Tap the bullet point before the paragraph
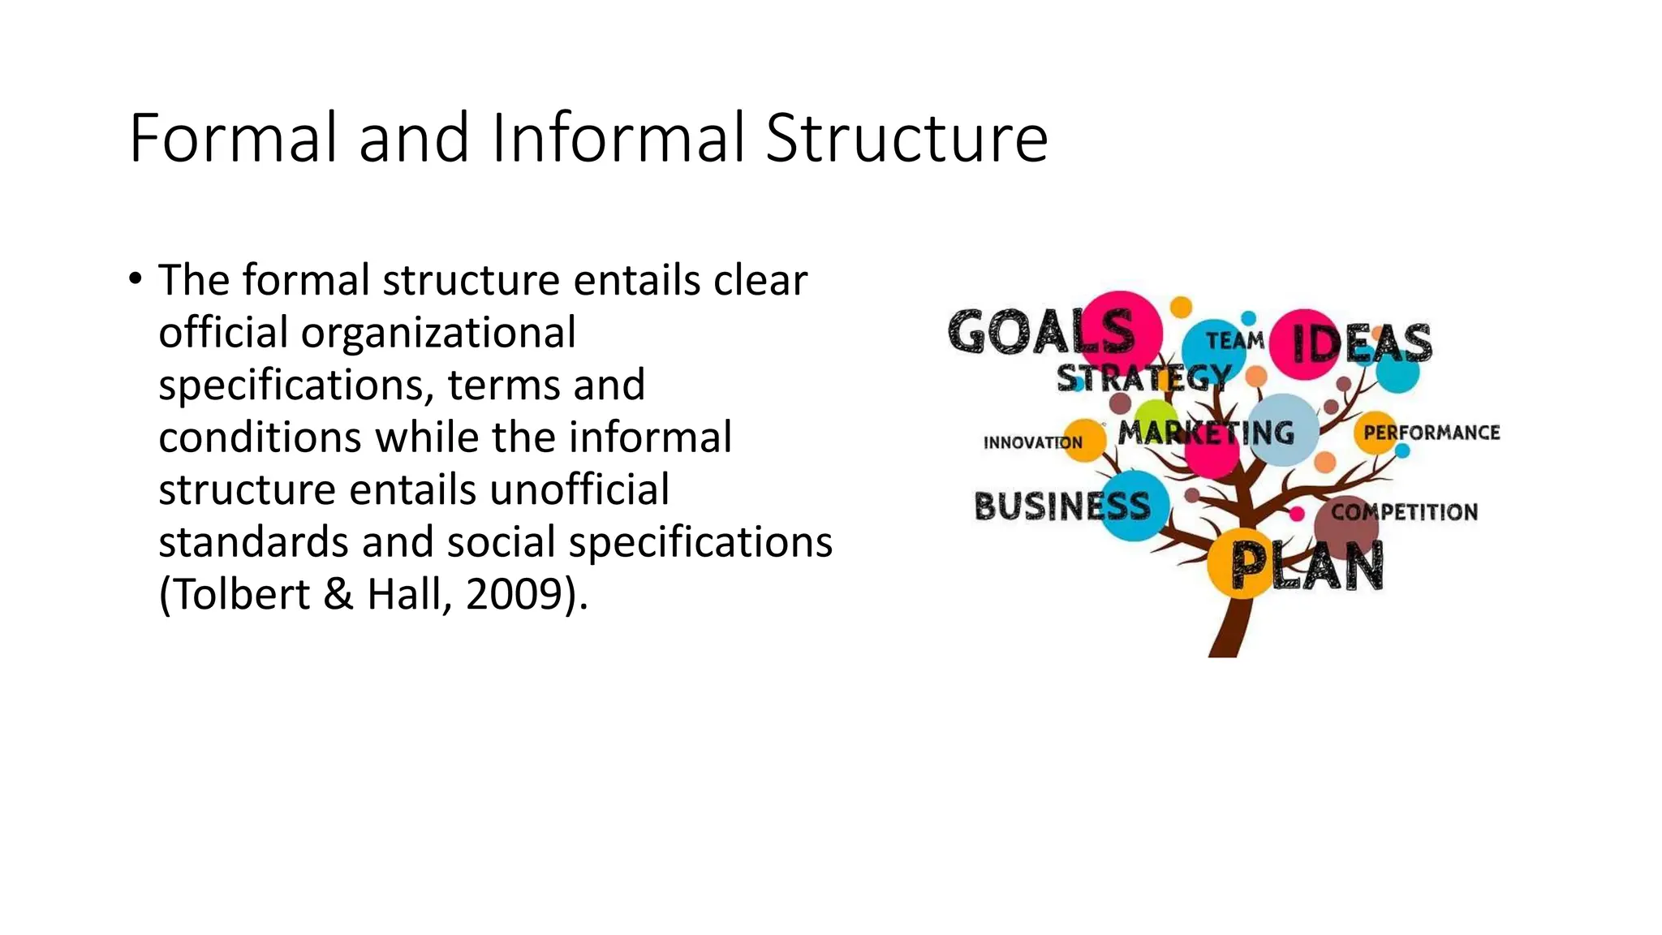pos(135,279)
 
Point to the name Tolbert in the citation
pos(241,594)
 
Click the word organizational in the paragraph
pos(438,333)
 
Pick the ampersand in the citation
pos(338,594)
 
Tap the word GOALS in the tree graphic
pos(1041,332)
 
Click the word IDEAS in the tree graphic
pos(1362,343)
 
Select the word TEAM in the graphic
pos(1234,340)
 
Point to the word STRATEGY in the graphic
pos(1143,378)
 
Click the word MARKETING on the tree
pos(1206,433)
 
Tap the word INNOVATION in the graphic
pos(1032,442)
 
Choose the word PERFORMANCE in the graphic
pos(1432,433)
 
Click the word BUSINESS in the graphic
pos(1062,506)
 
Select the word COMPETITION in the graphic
pos(1404,512)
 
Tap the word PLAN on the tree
pos(1307,566)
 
